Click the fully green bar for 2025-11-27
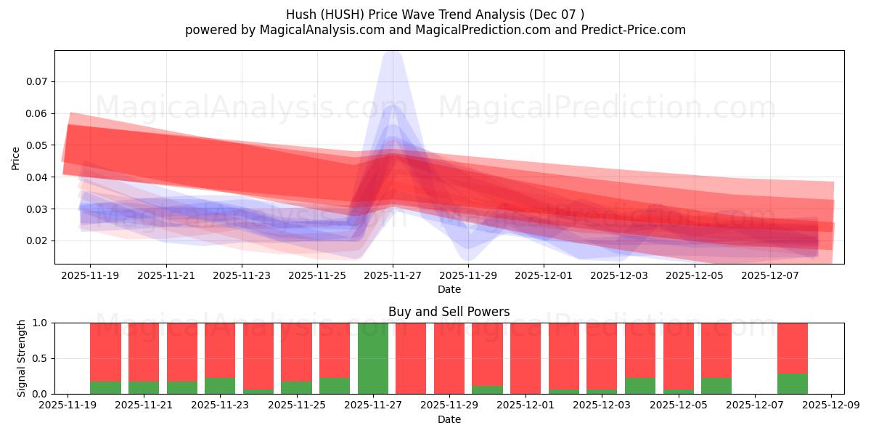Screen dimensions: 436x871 click(373, 358)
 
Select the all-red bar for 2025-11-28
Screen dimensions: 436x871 click(411, 358)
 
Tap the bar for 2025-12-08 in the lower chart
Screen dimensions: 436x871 click(793, 358)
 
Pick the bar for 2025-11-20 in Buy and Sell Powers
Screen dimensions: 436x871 click(105, 358)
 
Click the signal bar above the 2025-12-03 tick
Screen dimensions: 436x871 click(602, 358)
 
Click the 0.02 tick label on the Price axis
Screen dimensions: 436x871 click(36, 241)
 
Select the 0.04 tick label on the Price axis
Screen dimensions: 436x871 click(36, 177)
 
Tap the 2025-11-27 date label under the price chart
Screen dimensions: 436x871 click(393, 276)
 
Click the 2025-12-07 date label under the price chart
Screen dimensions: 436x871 click(771, 276)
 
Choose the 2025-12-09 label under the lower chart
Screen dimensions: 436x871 click(831, 405)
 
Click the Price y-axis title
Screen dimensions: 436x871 click(16, 158)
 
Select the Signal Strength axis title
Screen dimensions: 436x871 click(22, 358)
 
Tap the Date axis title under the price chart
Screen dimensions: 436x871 click(449, 289)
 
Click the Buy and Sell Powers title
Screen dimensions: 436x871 click(449, 312)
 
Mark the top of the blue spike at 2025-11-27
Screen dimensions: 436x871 click(393, 52)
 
